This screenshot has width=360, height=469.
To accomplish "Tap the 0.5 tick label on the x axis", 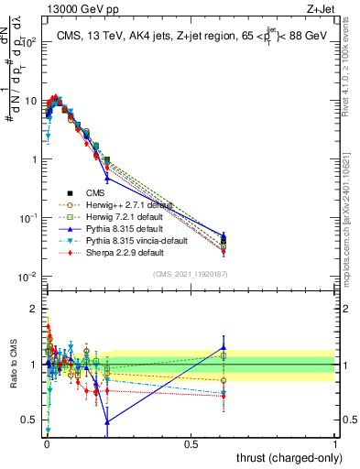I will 191,443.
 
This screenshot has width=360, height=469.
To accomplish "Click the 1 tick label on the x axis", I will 335,443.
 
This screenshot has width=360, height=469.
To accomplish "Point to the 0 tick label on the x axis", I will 47,443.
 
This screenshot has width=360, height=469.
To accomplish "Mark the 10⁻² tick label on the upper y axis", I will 29,277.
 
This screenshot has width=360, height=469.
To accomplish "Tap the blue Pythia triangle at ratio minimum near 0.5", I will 108,421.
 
